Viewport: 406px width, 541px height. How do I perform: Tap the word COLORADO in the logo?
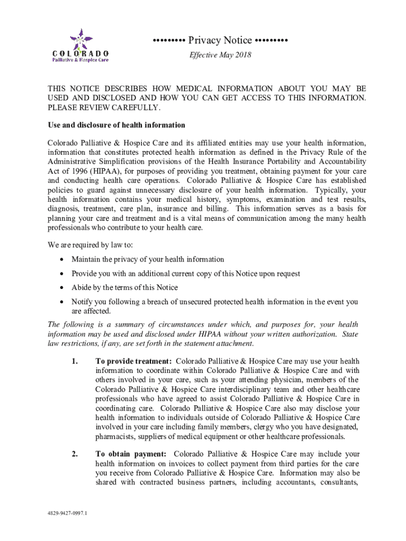point(81,53)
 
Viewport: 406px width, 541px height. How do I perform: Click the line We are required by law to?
point(90,245)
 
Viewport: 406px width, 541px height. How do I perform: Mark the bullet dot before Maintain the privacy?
point(62,259)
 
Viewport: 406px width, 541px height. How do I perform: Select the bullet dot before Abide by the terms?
point(62,288)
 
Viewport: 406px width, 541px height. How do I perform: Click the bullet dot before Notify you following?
point(62,302)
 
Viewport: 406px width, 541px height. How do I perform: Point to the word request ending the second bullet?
point(287,274)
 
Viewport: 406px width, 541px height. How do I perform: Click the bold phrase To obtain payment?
point(131,454)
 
